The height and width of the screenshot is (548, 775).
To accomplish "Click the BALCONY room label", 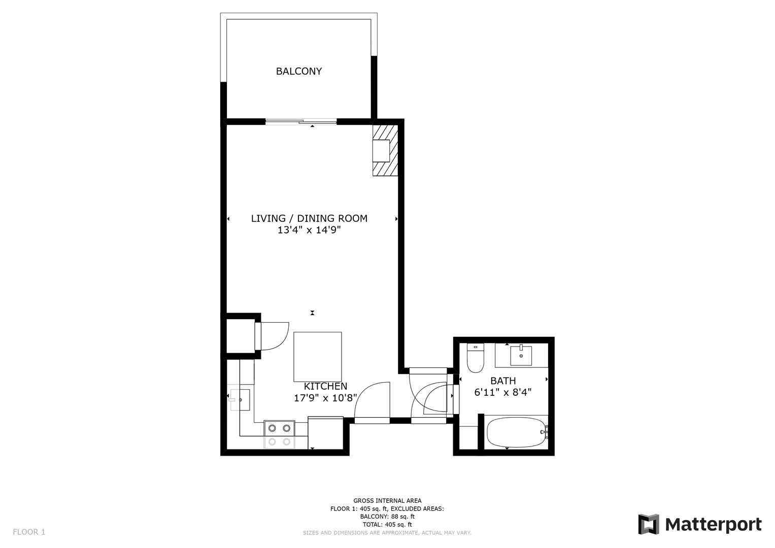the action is pos(298,71).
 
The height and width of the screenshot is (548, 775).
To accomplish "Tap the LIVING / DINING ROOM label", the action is pos(309,218).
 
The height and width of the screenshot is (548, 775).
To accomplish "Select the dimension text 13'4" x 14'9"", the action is pos(309,230).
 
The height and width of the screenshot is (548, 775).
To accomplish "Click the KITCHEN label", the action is pos(325,386).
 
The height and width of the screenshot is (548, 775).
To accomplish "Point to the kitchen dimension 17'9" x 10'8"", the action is pos(325,398).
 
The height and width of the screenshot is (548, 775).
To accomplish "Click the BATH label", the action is pos(503,381).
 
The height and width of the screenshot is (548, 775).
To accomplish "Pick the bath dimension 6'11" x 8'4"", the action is pos(503,392).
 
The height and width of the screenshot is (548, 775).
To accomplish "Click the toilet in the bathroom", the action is pos(475,358).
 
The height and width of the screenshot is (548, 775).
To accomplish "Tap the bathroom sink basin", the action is pos(521,355).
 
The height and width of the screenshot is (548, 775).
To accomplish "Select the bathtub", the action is pos(517,432).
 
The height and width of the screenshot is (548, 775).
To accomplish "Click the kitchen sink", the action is pos(240,400).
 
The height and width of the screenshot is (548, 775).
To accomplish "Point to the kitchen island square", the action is pos(317,357).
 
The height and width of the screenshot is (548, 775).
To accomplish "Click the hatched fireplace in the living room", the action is pos(385,150).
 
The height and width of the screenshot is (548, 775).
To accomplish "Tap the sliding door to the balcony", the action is pos(301,121).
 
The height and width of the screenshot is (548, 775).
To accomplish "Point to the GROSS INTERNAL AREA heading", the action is pos(387,501).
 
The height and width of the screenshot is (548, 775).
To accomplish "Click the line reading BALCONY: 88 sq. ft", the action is pos(387,517).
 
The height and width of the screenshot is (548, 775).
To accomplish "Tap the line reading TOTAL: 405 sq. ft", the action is pos(387,525).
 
